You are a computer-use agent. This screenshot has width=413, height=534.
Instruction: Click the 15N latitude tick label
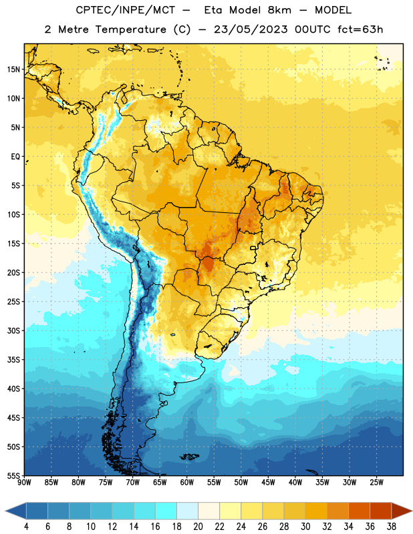(13, 69)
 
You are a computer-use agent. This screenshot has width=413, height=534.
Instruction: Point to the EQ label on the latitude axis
(15, 157)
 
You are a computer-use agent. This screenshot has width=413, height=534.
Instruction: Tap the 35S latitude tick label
(13, 360)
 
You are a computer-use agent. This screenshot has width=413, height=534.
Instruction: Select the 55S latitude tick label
(13, 475)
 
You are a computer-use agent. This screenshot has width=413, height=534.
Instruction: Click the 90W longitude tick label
(24, 483)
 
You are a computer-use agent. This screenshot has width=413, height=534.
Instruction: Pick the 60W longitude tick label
(187, 483)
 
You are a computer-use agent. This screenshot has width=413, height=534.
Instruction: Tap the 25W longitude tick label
(376, 483)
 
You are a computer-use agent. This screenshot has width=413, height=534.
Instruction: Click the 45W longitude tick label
(268, 483)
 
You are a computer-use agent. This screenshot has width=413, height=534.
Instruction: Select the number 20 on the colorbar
(198, 527)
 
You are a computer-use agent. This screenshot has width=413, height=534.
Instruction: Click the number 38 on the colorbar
(392, 527)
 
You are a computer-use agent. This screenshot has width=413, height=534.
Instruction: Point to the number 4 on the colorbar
(26, 527)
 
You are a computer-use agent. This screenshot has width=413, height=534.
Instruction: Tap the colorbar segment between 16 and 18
(166, 511)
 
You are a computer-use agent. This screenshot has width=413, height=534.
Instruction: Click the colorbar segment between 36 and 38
(381, 511)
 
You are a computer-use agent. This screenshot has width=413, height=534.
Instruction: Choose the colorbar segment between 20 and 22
(209, 511)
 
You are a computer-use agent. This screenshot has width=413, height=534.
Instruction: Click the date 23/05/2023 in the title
(251, 29)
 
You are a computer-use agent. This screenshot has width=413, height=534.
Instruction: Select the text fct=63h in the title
(360, 29)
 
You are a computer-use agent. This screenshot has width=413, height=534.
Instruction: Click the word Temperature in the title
(131, 29)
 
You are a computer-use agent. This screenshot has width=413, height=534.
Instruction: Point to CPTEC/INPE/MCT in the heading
(126, 10)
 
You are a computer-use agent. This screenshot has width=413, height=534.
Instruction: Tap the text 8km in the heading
(279, 10)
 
